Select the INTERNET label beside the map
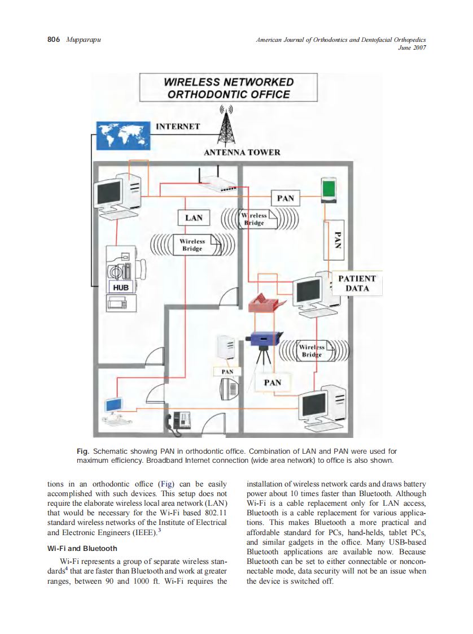click(x=178, y=127)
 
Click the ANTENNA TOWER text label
click(x=242, y=153)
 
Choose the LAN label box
click(x=194, y=218)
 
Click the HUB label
click(x=121, y=287)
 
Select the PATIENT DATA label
click(x=357, y=283)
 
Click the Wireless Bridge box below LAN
click(x=192, y=245)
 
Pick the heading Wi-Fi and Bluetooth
click(x=82, y=548)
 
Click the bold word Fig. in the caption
click(x=83, y=451)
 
